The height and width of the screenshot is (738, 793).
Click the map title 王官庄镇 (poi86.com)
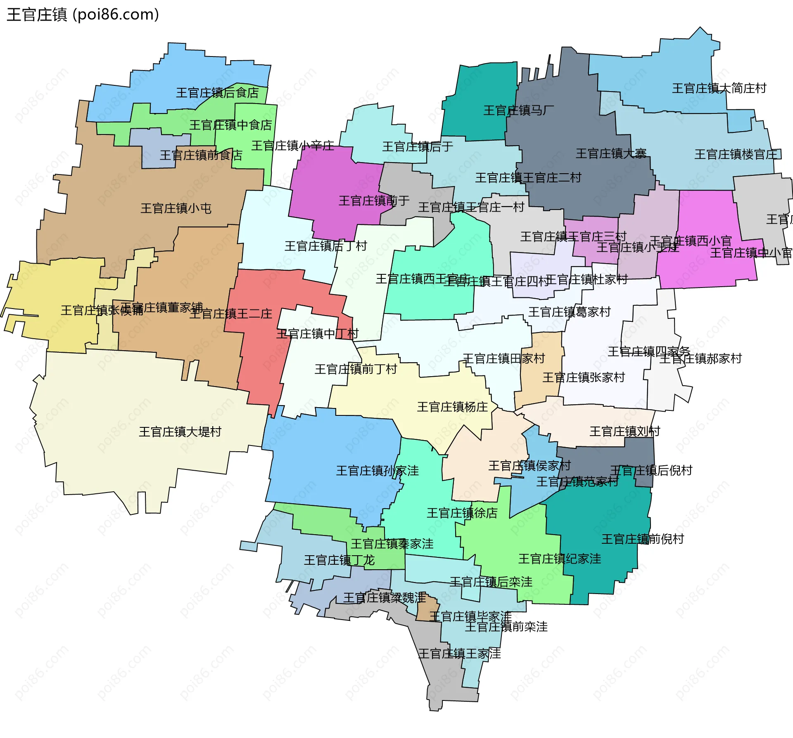(83, 15)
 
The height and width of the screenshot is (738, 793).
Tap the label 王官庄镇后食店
(217, 93)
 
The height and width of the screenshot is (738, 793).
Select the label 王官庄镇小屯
(176, 208)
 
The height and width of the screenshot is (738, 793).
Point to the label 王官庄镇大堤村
(180, 432)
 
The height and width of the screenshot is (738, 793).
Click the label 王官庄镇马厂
(518, 111)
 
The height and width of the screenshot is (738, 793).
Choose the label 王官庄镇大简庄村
(719, 88)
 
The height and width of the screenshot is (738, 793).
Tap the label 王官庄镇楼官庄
(738, 155)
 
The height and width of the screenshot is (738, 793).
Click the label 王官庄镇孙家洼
(377, 471)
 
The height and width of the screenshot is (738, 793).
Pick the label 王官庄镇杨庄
(452, 407)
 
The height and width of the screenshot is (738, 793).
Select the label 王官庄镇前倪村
(643, 539)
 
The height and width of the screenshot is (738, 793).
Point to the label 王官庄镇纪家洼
(560, 559)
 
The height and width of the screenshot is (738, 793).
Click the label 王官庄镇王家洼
(459, 654)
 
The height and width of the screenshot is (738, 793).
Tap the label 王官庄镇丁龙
(339, 560)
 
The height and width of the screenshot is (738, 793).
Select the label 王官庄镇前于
(374, 201)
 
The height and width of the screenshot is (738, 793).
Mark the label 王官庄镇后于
(418, 146)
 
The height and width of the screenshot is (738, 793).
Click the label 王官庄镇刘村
(624, 431)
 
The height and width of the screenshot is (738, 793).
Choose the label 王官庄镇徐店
(462, 513)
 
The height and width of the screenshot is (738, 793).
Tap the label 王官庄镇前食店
(201, 156)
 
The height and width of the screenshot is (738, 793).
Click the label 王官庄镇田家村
(504, 358)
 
